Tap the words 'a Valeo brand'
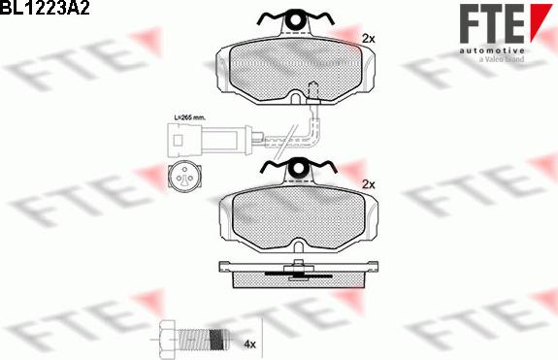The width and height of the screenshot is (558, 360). (502, 58)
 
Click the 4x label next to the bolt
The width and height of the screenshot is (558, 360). (249, 344)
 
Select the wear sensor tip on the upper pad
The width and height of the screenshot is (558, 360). (312, 92)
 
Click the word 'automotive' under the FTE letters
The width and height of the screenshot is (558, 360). (491, 49)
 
